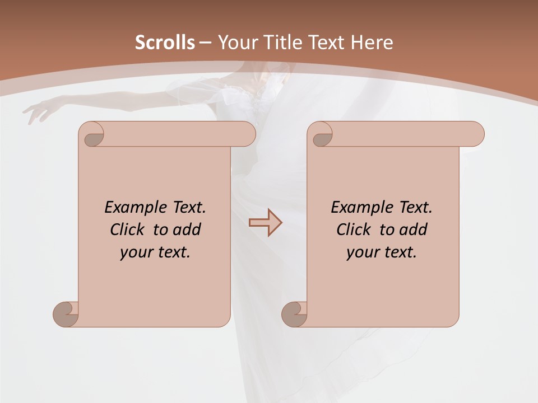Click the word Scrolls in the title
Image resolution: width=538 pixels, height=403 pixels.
pyautogui.click(x=165, y=43)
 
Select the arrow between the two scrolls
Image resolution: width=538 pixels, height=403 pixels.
pyautogui.click(x=265, y=223)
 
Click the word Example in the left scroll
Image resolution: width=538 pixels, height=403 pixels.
pyautogui.click(x=135, y=207)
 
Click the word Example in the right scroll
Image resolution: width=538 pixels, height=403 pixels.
pyautogui.click(x=361, y=207)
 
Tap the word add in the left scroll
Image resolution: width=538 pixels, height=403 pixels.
pyautogui.click(x=187, y=229)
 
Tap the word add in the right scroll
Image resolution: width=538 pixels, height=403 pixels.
pyautogui.click(x=414, y=229)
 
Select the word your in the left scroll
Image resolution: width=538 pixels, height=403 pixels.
pyautogui.click(x=136, y=252)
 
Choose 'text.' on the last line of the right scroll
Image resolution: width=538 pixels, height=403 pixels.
pyautogui.click(x=400, y=252)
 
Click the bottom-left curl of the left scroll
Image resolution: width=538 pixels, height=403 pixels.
pyautogui.click(x=65, y=314)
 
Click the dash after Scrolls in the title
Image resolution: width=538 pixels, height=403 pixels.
pyautogui.click(x=205, y=43)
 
